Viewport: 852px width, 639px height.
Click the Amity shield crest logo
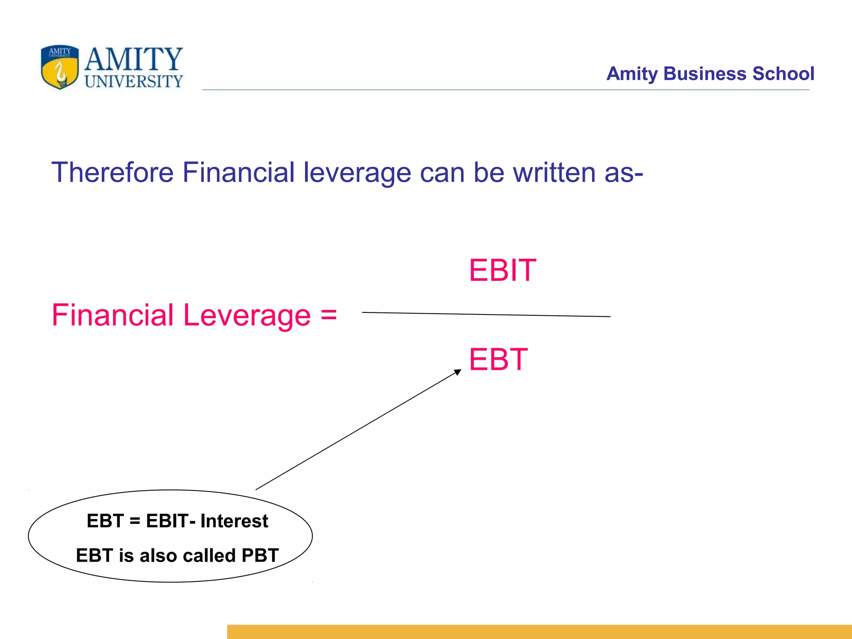coord(60,67)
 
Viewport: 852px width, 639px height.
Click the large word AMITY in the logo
coord(134,59)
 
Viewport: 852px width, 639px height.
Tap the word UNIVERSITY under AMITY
coord(134,82)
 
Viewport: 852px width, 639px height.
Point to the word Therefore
coord(112,172)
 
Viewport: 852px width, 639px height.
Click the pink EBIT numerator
coord(503,270)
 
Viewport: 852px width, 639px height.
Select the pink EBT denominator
coord(498,359)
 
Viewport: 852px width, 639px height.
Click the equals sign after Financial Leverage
coord(329,315)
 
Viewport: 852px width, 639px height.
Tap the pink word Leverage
coord(247,315)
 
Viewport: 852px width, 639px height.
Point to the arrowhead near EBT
coord(458,372)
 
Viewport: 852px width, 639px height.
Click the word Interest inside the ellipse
coord(234,521)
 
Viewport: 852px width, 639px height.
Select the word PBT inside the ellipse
coord(260,555)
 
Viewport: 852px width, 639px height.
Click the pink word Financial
coord(112,315)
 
